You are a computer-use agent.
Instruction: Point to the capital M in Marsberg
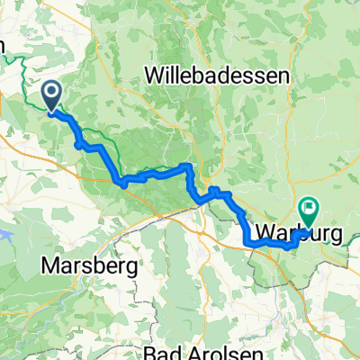point(48,266)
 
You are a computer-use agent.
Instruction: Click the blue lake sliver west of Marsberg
point(5,236)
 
